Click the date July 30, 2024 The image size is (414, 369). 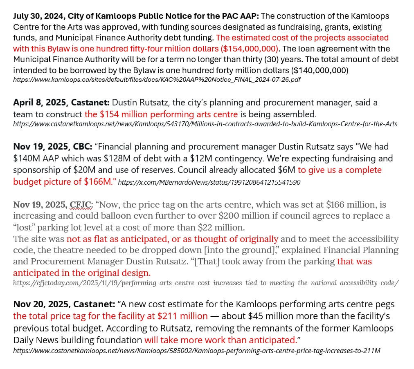click(x=39, y=16)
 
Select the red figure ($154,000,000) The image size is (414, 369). click(x=250, y=49)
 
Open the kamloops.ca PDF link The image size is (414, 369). click(x=157, y=80)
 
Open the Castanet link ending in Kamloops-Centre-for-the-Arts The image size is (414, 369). click(x=205, y=124)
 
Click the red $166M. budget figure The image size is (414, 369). click(x=99, y=181)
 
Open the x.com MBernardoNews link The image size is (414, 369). click(x=209, y=182)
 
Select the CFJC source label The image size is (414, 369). click(x=81, y=204)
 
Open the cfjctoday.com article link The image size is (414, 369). click(x=206, y=283)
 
